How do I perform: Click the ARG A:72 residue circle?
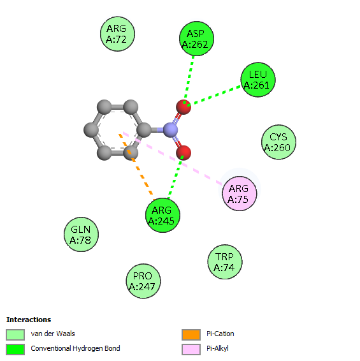pyautogui.click(x=117, y=34)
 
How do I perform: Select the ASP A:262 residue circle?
pyautogui.click(x=196, y=39)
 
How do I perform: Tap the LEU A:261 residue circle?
pyautogui.click(x=258, y=80)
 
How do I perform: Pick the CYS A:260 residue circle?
pyautogui.click(x=278, y=142)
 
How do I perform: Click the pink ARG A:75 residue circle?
pyautogui.click(x=239, y=193)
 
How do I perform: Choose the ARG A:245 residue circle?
pyautogui.click(x=162, y=215)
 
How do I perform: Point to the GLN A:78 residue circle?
pyautogui.click(x=81, y=234)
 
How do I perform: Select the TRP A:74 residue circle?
pyautogui.click(x=225, y=262)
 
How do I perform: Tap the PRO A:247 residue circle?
pyautogui.click(x=143, y=281)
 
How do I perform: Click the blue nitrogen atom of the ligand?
pyautogui.click(x=170, y=130)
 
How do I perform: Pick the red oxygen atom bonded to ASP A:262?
pyautogui.click(x=184, y=107)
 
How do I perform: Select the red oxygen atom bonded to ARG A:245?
pyautogui.click(x=184, y=152)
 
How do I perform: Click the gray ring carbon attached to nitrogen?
pyautogui.click(x=144, y=130)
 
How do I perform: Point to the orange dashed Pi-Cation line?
pyautogui.click(x=136, y=167)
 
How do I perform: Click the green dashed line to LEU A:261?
pyautogui.click(x=214, y=96)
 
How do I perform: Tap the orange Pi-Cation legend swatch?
pyautogui.click(x=191, y=335)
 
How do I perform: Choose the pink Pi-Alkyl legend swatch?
pyautogui.click(x=191, y=350)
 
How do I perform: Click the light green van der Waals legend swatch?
pyautogui.click(x=15, y=335)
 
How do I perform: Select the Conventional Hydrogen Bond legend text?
pyautogui.click(x=75, y=349)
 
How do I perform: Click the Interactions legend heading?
pyautogui.click(x=29, y=320)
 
